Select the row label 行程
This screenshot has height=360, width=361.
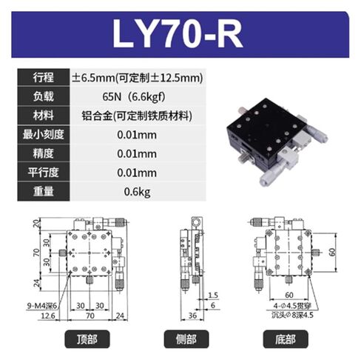point(42,77)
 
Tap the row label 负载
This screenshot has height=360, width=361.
point(42,96)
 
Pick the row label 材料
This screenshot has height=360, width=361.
point(42,116)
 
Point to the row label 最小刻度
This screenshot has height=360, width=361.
point(42,135)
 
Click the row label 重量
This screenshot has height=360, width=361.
point(42,193)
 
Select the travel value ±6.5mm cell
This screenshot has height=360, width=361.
point(138,77)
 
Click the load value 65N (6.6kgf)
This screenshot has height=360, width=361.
point(138,96)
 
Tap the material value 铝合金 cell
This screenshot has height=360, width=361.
point(138,116)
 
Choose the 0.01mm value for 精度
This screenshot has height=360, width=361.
point(138,154)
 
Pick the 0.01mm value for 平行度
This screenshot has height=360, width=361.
point(138,173)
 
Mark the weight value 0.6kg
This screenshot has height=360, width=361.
point(138,193)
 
